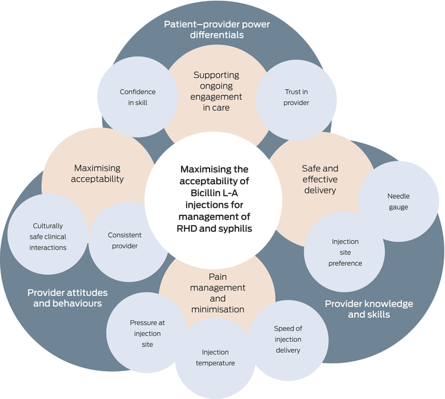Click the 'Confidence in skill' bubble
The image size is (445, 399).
[138, 97]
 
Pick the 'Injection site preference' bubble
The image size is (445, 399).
[345, 252]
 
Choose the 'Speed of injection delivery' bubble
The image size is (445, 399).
[287, 339]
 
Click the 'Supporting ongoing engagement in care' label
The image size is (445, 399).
[217, 91]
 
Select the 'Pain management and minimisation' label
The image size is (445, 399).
[217, 293]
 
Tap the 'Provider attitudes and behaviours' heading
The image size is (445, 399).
[67, 298]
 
